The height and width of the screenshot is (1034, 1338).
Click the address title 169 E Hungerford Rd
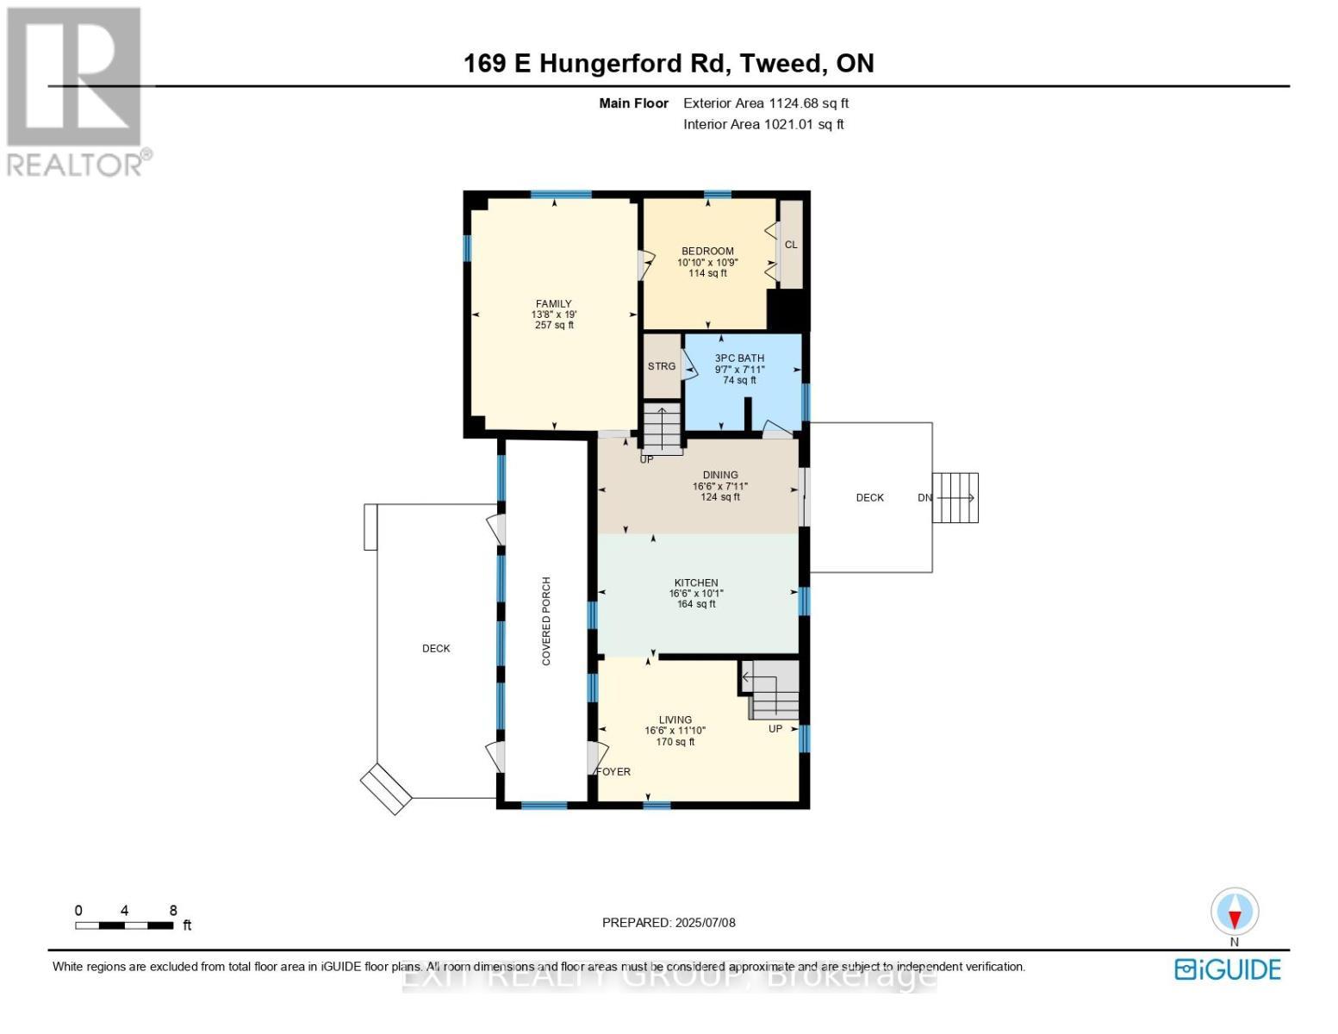click(669, 63)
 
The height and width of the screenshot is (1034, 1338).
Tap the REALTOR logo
click(76, 90)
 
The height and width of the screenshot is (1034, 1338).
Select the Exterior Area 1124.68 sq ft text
click(766, 103)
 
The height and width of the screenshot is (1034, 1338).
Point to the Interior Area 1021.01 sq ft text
click(763, 124)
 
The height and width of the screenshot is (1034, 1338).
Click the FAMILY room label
click(554, 304)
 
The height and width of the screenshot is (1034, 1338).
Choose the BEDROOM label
click(707, 252)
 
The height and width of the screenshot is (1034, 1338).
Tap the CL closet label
click(791, 245)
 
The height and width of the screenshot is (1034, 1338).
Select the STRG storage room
click(662, 366)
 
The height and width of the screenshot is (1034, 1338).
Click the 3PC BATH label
click(739, 358)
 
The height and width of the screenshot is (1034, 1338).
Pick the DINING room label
click(720, 475)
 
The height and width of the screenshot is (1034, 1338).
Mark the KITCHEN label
click(696, 583)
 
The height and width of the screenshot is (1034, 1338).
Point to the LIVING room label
click(675, 720)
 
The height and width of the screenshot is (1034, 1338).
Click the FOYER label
click(614, 772)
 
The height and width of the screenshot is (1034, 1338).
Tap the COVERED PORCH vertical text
click(546, 620)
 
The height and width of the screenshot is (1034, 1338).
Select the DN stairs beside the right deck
click(955, 498)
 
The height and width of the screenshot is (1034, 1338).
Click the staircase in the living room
click(773, 690)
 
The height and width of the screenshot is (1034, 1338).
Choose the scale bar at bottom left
click(125, 925)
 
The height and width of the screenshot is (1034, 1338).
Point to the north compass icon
click(1235, 912)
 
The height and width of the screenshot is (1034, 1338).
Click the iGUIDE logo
click(1228, 969)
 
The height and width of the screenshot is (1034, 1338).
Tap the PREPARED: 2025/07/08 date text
click(669, 923)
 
